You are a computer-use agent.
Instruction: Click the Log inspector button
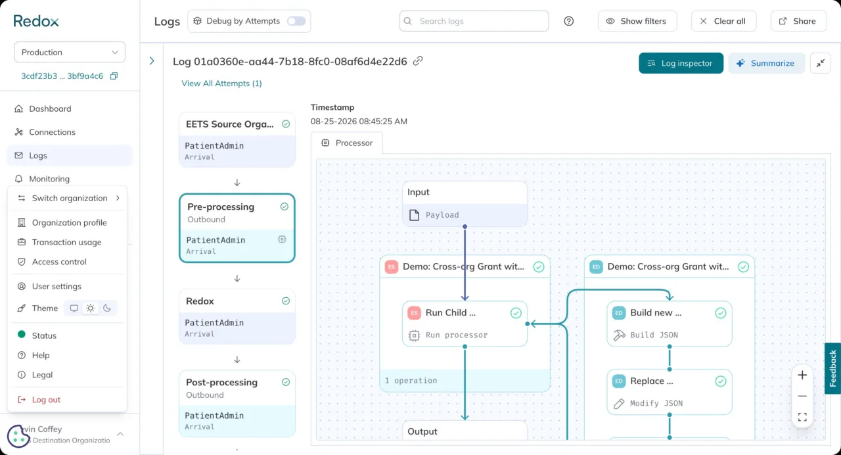[x=681, y=63]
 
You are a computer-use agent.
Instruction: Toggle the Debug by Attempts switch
[x=296, y=21]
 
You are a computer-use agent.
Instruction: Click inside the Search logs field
[x=474, y=21]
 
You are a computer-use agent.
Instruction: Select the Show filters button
[x=637, y=21]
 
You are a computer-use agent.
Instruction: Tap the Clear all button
[x=723, y=21]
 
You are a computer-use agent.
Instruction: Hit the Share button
[x=798, y=21]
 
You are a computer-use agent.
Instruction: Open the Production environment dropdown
[x=70, y=52]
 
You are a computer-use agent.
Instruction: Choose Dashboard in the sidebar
[x=50, y=108]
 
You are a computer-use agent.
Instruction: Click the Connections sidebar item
[x=52, y=132]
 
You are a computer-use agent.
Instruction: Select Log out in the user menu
[x=46, y=399]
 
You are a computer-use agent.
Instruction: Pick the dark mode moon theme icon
[x=107, y=308]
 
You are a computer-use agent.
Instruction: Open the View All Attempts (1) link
[x=221, y=84]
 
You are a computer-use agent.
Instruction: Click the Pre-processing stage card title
[x=221, y=206]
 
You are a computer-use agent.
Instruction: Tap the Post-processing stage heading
[x=221, y=382]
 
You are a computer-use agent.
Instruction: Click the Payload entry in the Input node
[x=442, y=215]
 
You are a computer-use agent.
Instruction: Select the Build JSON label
[x=654, y=335]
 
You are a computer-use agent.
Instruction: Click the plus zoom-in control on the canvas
[x=802, y=375]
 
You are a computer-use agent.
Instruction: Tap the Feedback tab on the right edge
[x=832, y=368]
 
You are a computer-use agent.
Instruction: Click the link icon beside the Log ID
[x=418, y=61]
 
